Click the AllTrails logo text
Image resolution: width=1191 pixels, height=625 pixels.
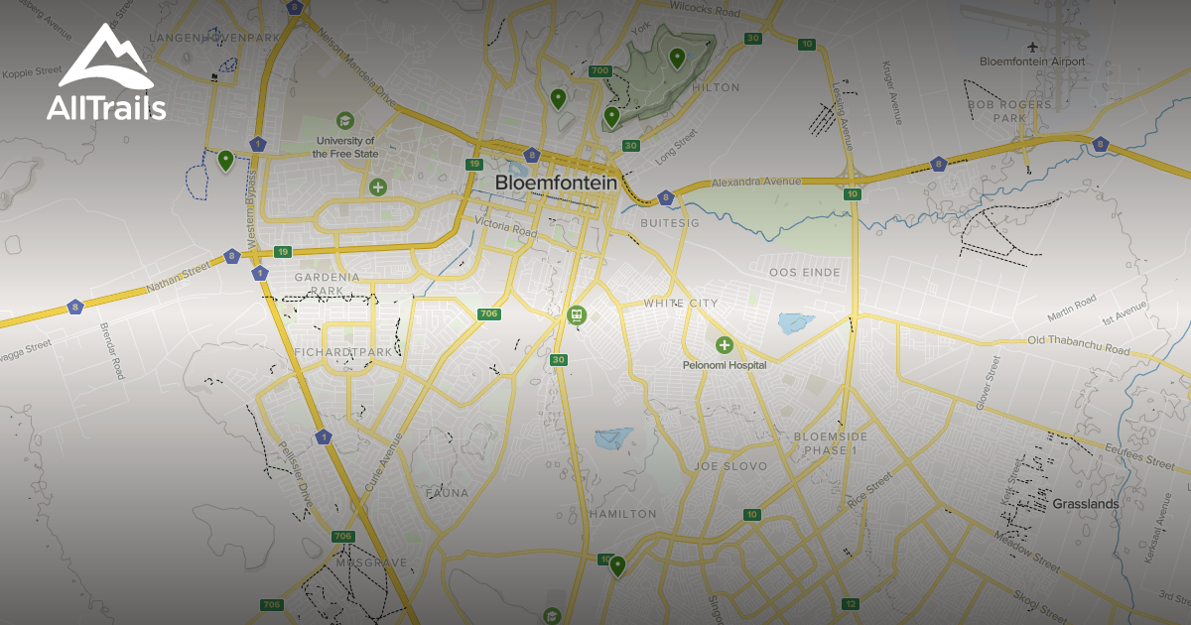pyautogui.click(x=106, y=107)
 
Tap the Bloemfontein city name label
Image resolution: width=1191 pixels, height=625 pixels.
pyautogui.click(x=556, y=183)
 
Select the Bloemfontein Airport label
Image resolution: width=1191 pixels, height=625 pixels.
pyautogui.click(x=1032, y=62)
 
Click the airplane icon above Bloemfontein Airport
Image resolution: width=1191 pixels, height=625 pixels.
pyautogui.click(x=1033, y=46)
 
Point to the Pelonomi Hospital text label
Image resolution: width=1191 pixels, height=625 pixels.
pyautogui.click(x=725, y=365)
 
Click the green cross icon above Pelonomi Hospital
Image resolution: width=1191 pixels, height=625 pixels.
pyautogui.click(x=725, y=345)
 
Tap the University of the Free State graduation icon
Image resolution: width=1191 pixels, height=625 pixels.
pyautogui.click(x=344, y=120)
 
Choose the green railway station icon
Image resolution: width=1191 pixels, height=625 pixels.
pyautogui.click(x=576, y=315)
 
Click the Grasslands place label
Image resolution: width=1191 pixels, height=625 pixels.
pyautogui.click(x=1086, y=504)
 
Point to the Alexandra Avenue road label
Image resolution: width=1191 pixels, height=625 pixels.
pyautogui.click(x=756, y=183)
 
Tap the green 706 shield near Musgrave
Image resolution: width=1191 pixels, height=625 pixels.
pyautogui.click(x=343, y=537)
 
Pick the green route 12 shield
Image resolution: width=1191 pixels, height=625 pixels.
pyautogui.click(x=850, y=603)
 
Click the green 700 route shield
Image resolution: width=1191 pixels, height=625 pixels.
pyautogui.click(x=599, y=70)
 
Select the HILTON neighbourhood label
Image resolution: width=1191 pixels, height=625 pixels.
pyautogui.click(x=716, y=87)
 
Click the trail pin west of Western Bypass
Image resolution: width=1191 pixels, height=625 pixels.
pyautogui.click(x=226, y=159)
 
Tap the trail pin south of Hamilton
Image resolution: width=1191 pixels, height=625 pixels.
pyautogui.click(x=617, y=565)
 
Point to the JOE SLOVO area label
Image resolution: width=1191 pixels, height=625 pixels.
pyautogui.click(x=731, y=465)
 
